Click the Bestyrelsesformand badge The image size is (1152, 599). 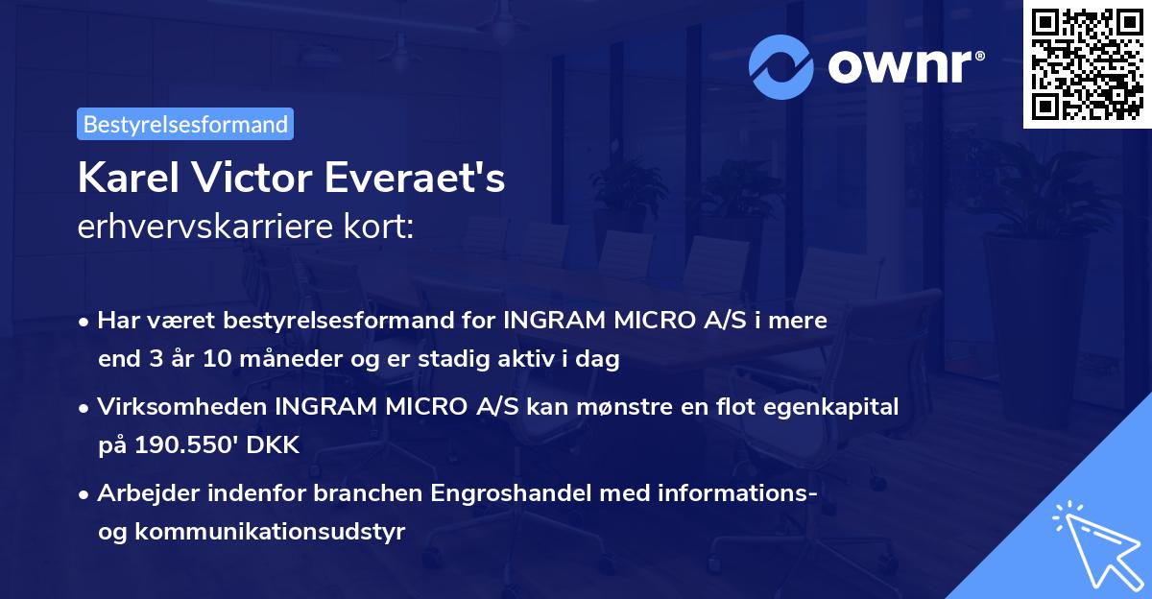[x=184, y=124]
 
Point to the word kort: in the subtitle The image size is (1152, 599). [x=383, y=227]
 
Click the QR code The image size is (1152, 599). [x=1087, y=63]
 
